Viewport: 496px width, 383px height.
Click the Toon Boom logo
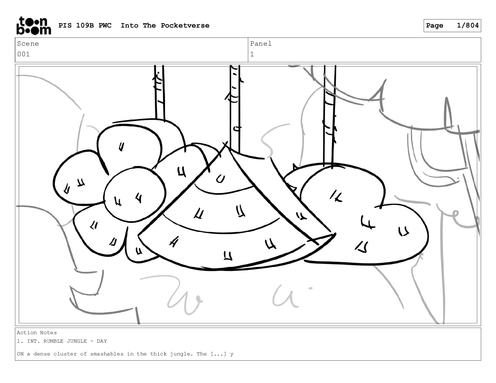(x=34, y=26)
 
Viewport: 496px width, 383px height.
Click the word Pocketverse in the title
(x=185, y=25)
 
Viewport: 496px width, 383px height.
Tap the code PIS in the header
(x=65, y=25)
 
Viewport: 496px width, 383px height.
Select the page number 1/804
(x=468, y=25)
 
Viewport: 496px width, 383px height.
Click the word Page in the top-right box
(x=435, y=26)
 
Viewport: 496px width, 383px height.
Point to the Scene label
(x=28, y=43)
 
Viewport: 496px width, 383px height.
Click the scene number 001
(x=23, y=54)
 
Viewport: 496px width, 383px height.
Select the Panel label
(x=261, y=43)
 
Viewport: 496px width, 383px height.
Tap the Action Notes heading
(x=37, y=333)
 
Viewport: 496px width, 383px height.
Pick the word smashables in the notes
(x=107, y=354)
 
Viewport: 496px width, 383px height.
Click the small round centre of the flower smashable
(x=135, y=195)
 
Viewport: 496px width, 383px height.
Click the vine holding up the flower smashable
(x=159, y=92)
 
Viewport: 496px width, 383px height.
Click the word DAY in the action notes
(x=102, y=341)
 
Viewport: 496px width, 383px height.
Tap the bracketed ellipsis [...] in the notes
(x=219, y=354)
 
